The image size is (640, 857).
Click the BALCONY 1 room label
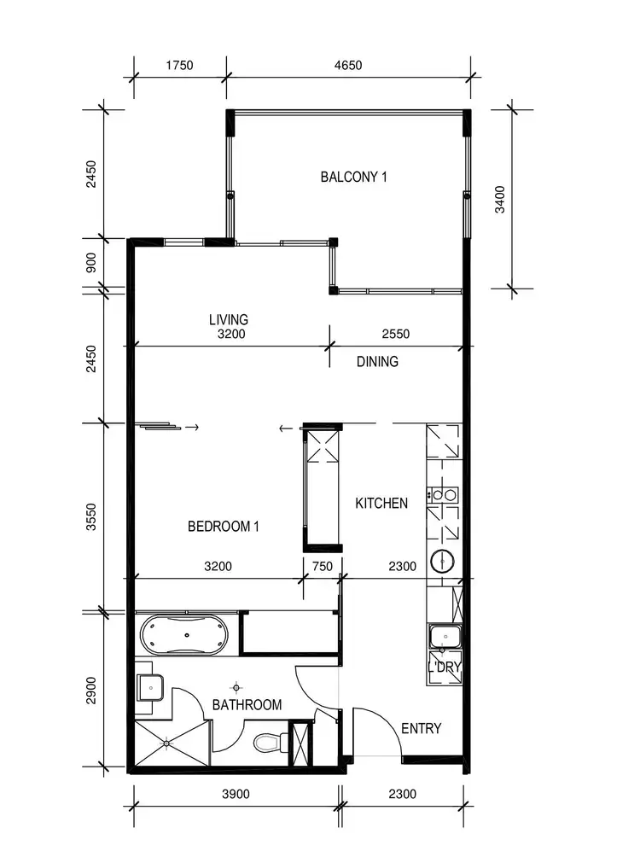pos(354,178)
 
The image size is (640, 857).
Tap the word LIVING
pos(229,319)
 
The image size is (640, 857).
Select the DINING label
pos(377,361)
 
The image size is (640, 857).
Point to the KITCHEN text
pos(381,504)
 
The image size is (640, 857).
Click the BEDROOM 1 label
pos(224,527)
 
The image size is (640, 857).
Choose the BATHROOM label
pos(247,705)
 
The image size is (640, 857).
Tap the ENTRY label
pos(422,728)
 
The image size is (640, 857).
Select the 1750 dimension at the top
pos(179,65)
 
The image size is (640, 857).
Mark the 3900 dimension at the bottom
pos(235,794)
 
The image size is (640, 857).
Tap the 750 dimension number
pos(322,565)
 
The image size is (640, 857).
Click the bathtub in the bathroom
pos(183,634)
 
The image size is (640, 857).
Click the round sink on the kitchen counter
pos(444,562)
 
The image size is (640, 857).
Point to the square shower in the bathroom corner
pos(168,744)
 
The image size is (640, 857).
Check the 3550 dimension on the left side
pos(91,516)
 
